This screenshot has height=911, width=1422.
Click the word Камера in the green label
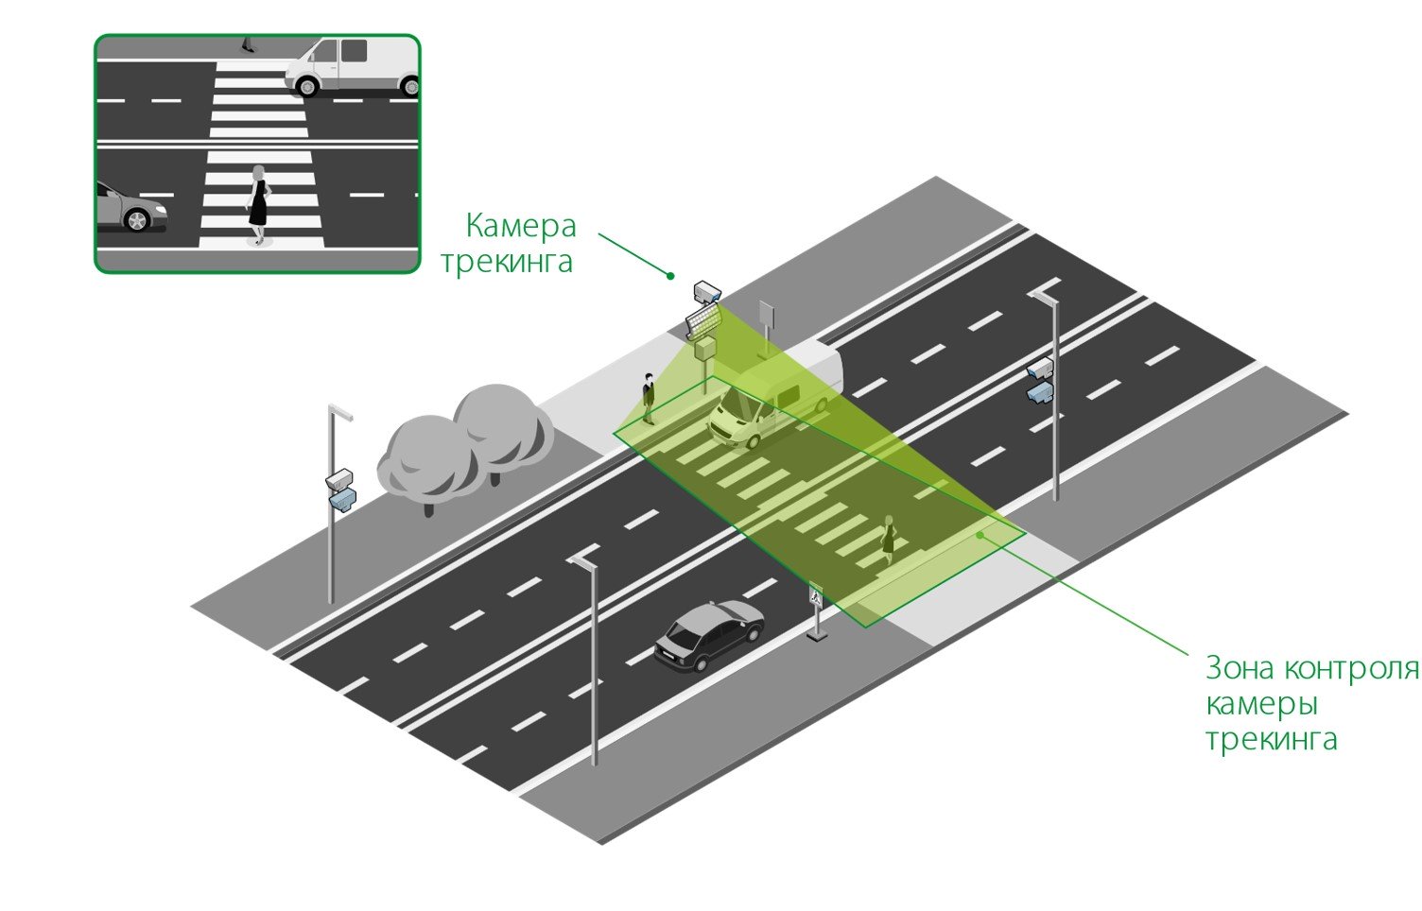click(521, 227)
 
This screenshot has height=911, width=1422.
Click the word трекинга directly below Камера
click(507, 262)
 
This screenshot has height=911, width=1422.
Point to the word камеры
click(1261, 705)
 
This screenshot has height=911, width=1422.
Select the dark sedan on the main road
click(708, 634)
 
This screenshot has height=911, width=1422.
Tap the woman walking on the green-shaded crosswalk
click(888, 540)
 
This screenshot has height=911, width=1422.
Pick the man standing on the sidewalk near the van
click(649, 397)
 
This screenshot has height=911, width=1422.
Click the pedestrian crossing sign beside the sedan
click(816, 597)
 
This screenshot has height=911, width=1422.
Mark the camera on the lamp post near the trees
click(340, 488)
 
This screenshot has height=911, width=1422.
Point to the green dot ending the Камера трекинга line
click(670, 276)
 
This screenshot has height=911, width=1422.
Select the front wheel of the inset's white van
click(306, 86)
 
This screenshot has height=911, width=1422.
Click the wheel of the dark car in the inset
click(137, 220)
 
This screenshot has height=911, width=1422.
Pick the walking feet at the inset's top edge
click(248, 44)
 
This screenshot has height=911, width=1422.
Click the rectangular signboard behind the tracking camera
click(766, 315)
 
